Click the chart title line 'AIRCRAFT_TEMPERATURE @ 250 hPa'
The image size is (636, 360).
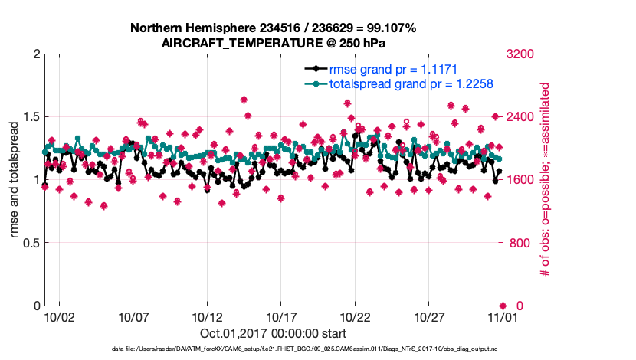click(273, 43)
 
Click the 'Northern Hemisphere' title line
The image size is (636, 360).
click(273, 28)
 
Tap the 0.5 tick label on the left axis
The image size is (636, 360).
click(29, 243)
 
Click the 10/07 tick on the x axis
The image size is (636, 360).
click(133, 316)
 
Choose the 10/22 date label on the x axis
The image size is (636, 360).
click(356, 316)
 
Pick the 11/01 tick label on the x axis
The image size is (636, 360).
click(503, 316)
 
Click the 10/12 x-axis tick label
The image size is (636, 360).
click(208, 316)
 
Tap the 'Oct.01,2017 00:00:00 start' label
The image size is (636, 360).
click(273, 333)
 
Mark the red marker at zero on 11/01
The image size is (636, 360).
click(503, 306)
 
